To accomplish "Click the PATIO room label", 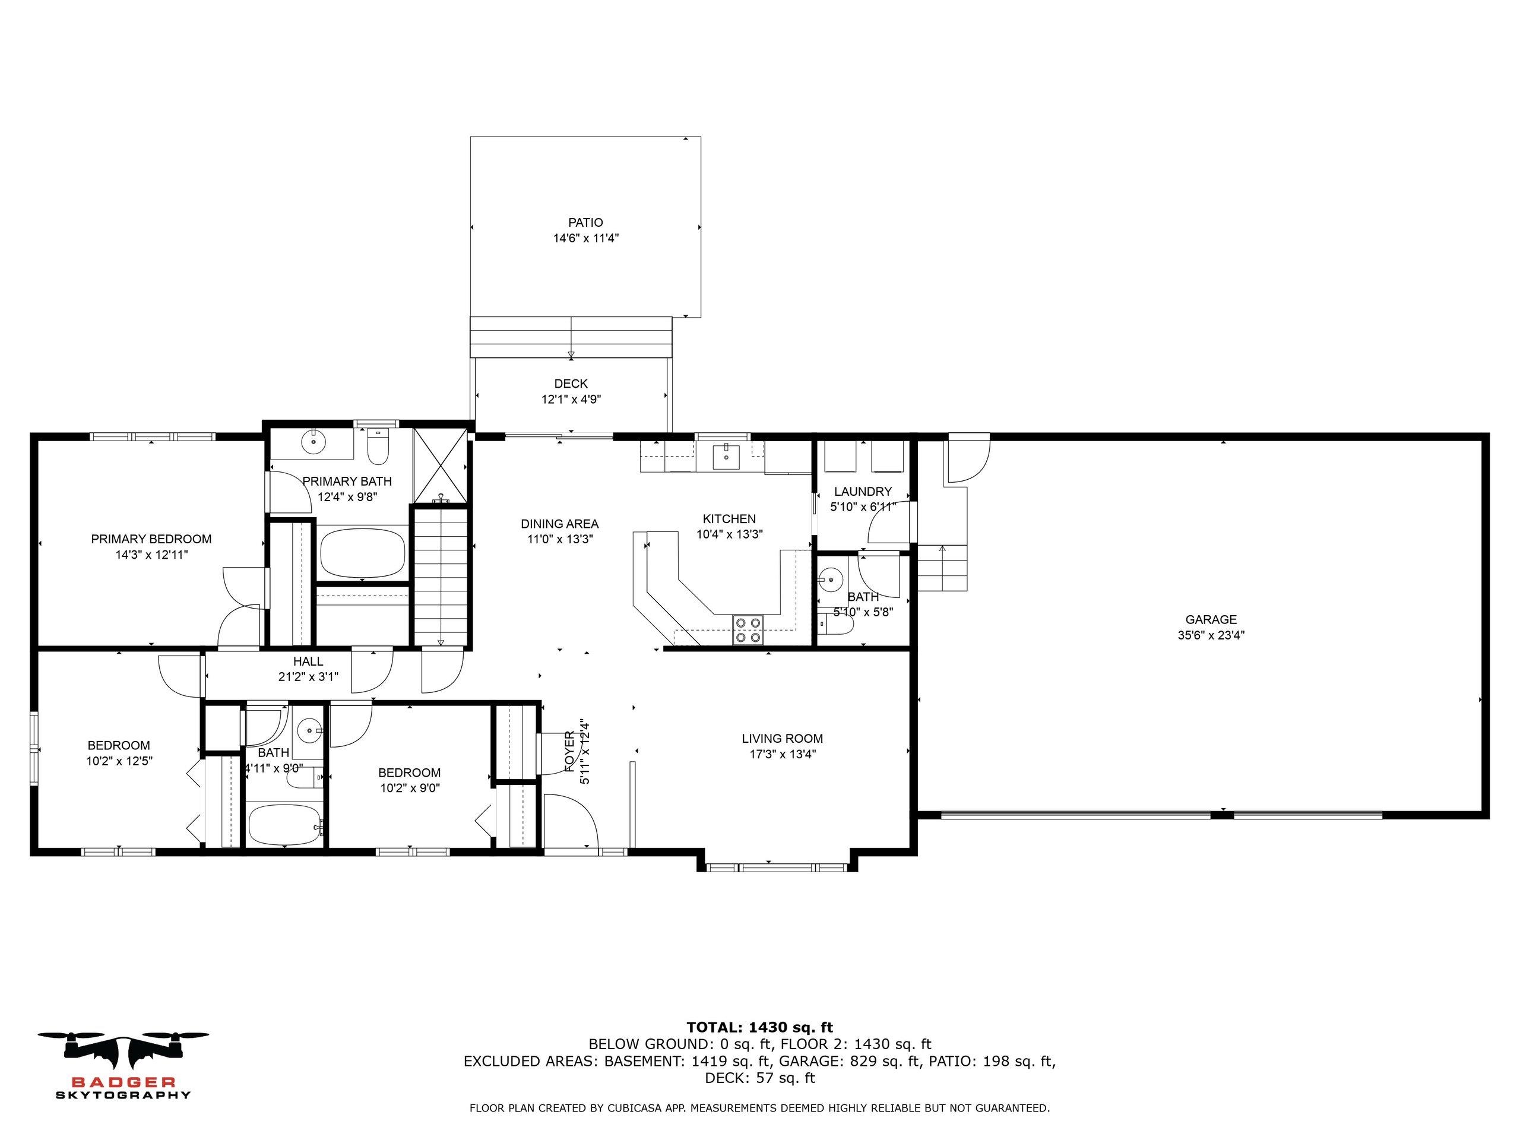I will [585, 223].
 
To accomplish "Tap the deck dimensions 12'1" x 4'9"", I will [571, 399].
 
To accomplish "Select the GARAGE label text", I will [1211, 620].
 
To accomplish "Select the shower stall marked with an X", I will [441, 465].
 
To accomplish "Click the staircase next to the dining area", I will [441, 577].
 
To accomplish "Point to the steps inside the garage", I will [943, 568].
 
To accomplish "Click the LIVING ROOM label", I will [782, 739].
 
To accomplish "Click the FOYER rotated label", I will [569, 751].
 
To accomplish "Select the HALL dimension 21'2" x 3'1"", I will [308, 677].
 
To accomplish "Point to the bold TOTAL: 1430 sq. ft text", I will [759, 1028].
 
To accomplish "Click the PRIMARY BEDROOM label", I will [151, 539].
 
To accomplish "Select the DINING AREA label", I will [559, 524].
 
